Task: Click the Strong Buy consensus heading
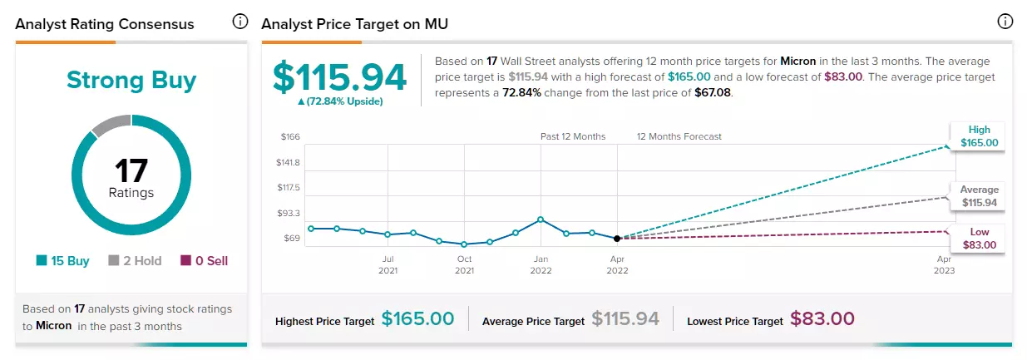(131, 81)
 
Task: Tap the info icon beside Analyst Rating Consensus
(239, 21)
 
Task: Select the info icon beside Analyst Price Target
(1005, 21)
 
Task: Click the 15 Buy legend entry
(63, 260)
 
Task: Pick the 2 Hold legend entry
(135, 260)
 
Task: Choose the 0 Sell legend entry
(204, 260)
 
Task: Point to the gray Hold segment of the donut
(111, 124)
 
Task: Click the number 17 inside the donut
(131, 170)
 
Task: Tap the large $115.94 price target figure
(339, 76)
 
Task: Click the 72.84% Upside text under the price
(340, 101)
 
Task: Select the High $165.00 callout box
(979, 136)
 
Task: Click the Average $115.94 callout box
(979, 196)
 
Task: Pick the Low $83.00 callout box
(979, 239)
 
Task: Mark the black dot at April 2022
(617, 239)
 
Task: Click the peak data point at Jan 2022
(541, 219)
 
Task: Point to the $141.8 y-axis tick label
(288, 162)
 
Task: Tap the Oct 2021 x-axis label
(465, 264)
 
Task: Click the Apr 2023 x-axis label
(944, 264)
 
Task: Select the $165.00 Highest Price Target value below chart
(417, 318)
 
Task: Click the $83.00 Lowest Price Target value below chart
(822, 318)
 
